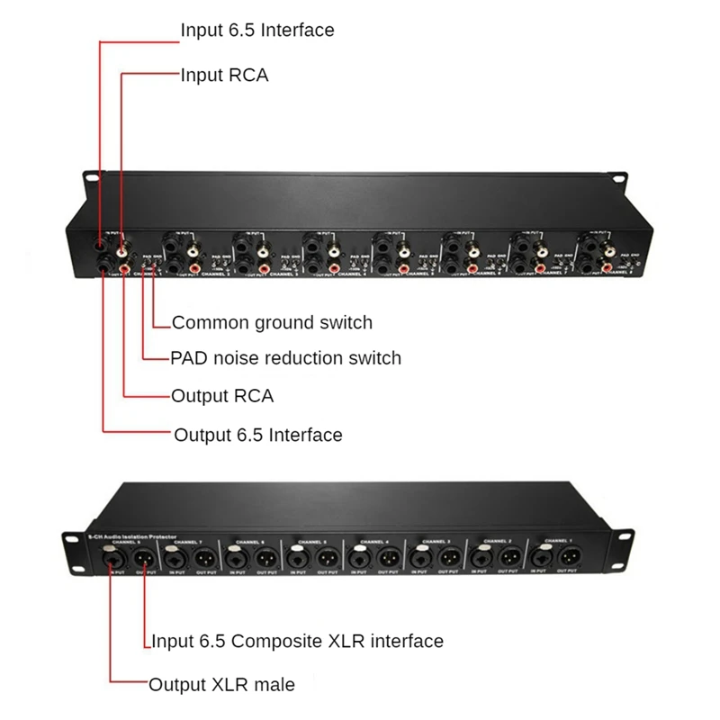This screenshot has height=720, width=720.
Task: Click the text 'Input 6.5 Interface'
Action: [x=256, y=30]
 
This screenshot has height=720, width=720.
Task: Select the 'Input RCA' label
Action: [x=224, y=75]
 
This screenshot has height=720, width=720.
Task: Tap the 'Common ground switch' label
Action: [x=271, y=322]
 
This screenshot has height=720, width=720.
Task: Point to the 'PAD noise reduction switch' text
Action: [x=285, y=358]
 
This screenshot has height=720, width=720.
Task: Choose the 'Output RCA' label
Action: [x=221, y=395]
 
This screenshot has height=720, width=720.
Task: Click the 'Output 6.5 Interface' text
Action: [x=257, y=435]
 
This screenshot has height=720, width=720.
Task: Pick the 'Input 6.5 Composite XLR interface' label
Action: [x=296, y=641]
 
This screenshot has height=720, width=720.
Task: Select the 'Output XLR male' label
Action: [x=221, y=684]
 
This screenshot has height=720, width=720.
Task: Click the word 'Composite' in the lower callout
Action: [x=274, y=641]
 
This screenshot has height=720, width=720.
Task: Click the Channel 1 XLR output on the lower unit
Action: [x=570, y=557]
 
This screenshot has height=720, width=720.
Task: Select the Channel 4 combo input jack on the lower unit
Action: [x=358, y=557]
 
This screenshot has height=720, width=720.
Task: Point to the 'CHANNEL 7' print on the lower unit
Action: [x=187, y=543]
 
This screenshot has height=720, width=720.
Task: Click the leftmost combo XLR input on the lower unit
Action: [x=113, y=558]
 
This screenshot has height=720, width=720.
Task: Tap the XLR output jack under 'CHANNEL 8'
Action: [x=144, y=558]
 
